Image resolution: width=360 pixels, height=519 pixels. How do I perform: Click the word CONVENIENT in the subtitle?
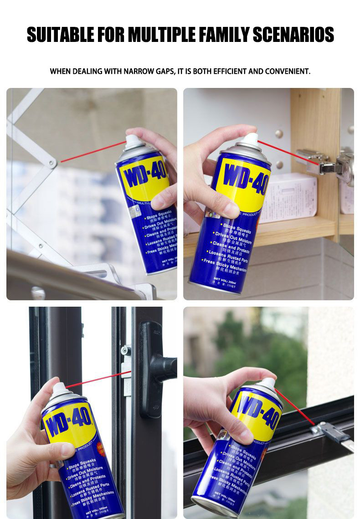point(285,72)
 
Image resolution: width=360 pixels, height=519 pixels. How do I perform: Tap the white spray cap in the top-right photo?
point(249,139)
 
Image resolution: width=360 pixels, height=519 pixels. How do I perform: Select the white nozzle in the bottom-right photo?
point(267,383)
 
